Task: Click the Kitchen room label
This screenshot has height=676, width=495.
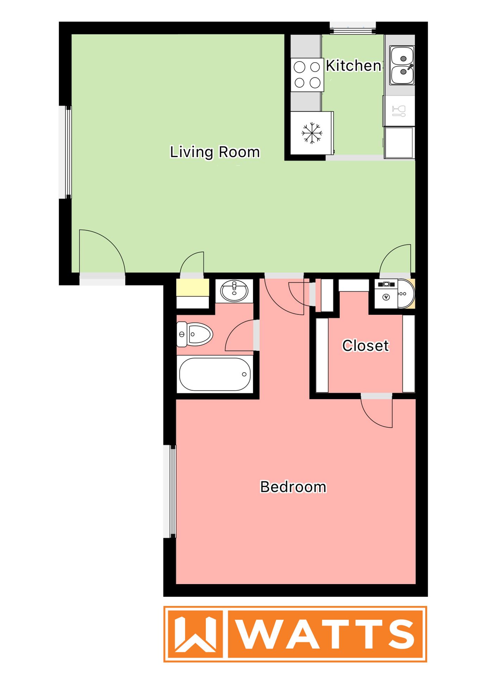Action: pyautogui.click(x=353, y=66)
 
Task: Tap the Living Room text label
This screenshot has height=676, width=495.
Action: pyautogui.click(x=215, y=152)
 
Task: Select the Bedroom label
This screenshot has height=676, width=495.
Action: pyautogui.click(x=293, y=487)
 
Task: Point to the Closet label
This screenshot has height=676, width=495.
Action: pyautogui.click(x=365, y=346)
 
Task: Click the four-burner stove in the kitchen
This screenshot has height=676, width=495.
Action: pyautogui.click(x=307, y=75)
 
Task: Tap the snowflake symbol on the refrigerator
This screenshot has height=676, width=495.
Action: pyautogui.click(x=312, y=133)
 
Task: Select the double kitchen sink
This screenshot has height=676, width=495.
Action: pyautogui.click(x=402, y=65)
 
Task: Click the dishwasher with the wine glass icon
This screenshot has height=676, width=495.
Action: pyautogui.click(x=399, y=111)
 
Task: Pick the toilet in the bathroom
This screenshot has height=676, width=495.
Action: pyautogui.click(x=195, y=334)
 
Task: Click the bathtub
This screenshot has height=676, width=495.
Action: pyautogui.click(x=215, y=374)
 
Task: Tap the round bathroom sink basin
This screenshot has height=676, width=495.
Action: pyautogui.click(x=234, y=291)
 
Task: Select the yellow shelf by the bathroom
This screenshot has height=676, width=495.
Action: pyautogui.click(x=192, y=287)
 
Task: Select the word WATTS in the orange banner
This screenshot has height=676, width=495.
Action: pyautogui.click(x=326, y=634)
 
